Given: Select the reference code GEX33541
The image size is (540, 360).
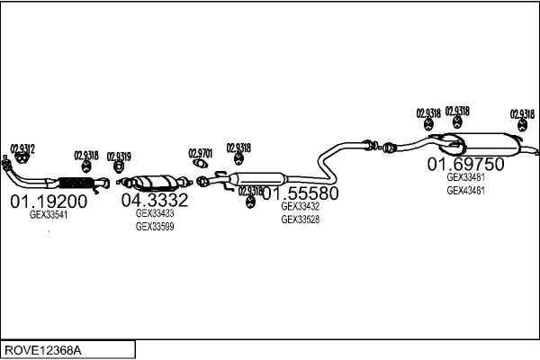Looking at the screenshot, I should tap(49, 215).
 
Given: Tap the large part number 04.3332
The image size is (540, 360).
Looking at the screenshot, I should tap(155, 199).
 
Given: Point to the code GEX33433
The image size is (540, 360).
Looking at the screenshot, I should tap(155, 213).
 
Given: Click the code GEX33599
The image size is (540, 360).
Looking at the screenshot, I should tap(155, 227).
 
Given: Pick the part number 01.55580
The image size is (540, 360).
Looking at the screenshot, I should tap(301, 193).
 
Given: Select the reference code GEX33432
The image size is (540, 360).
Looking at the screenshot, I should tap(301, 206).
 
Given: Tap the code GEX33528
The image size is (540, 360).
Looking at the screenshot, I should tap(301, 220).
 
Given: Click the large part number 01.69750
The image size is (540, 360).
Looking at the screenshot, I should tap(465, 164).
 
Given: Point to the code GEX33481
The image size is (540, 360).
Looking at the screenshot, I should tap(466, 177).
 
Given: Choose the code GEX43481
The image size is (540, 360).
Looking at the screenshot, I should tap(466, 190).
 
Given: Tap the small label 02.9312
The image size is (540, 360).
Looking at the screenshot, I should tap(22, 149).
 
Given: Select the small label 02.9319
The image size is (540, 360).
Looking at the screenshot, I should tap(119, 156).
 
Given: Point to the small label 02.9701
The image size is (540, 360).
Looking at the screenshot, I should tap(201, 153).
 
